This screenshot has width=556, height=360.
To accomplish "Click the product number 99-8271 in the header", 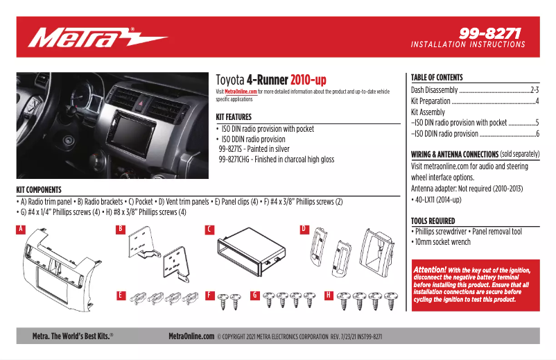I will tap(489, 33).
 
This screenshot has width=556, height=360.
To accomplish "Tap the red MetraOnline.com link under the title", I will tap(241, 92).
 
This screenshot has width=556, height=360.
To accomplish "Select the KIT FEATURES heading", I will tap(234, 117).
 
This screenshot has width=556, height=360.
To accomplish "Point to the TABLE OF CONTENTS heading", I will tap(437, 78).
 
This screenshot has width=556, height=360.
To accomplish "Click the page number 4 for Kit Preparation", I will tap(537, 101).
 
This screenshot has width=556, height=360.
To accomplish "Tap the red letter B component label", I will tap(120, 229).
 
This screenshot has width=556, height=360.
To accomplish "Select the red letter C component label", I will tap(209, 229).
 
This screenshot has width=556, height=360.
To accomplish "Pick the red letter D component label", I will tap(303, 229).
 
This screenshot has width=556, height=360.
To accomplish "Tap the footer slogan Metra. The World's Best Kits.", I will tap(73, 336).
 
